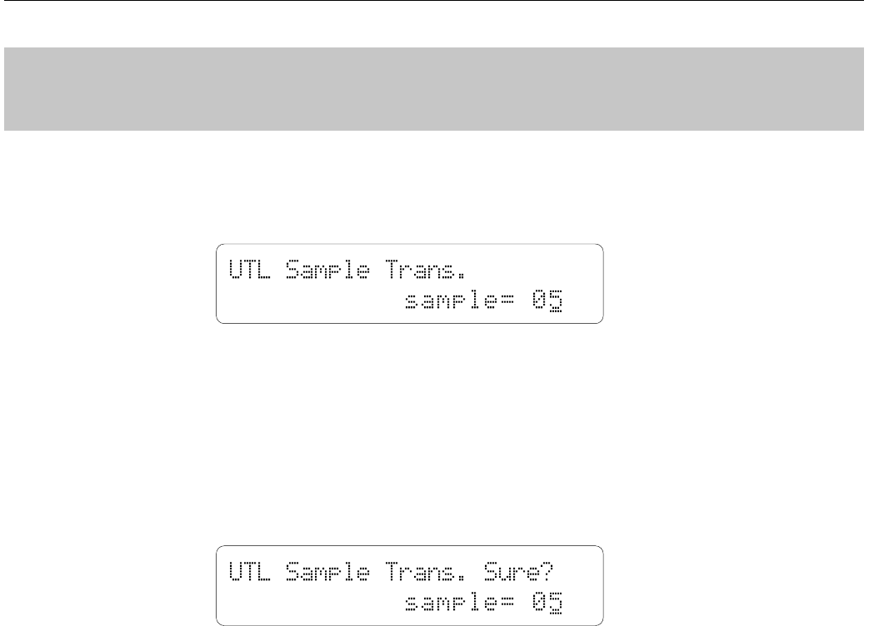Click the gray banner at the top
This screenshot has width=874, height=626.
click(x=437, y=88)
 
